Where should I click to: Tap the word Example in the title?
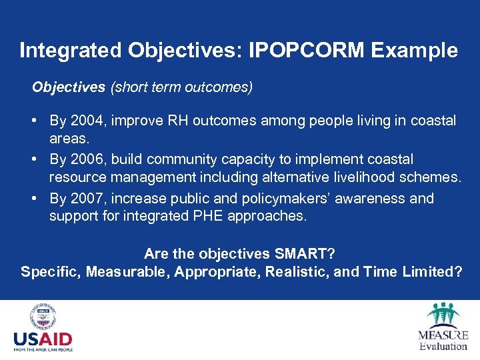click(x=419, y=51)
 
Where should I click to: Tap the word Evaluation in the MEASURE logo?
click(x=443, y=346)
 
